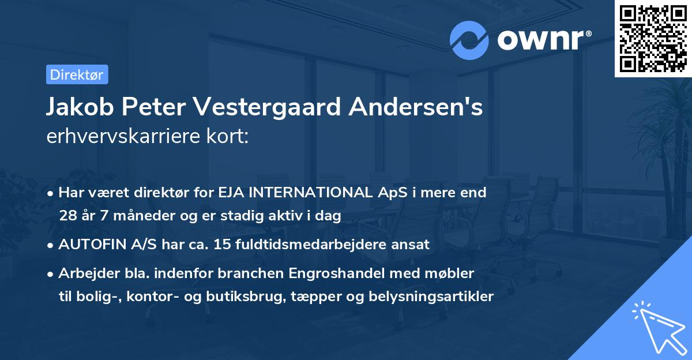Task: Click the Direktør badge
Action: [x=77, y=74]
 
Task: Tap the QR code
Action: [x=653, y=39]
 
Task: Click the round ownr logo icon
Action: [x=469, y=40]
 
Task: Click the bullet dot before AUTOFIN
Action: [x=51, y=245]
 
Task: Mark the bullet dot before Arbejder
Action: [x=51, y=273]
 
